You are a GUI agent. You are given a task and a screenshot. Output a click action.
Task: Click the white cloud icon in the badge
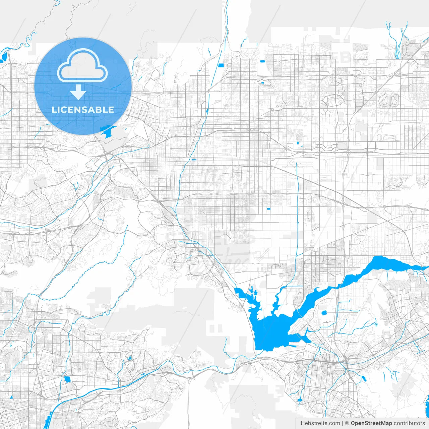pyautogui.click(x=82, y=65)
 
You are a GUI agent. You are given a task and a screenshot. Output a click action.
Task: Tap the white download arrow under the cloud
pyautogui.click(x=78, y=92)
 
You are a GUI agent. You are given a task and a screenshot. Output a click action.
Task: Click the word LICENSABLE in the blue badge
pyautogui.click(x=83, y=110)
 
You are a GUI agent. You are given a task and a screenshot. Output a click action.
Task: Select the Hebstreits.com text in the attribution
pyautogui.click(x=320, y=423)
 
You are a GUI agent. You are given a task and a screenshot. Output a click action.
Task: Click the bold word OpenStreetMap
pyautogui.click(x=371, y=423)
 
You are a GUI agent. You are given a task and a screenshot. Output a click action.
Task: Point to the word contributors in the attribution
pyautogui.click(x=409, y=423)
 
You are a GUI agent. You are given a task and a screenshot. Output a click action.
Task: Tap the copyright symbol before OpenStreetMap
pyautogui.click(x=347, y=423)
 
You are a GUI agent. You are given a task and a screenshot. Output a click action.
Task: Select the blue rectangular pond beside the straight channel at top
pyautogui.click(x=221, y=65)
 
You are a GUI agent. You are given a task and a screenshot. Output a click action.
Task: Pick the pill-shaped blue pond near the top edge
pyautogui.click(x=262, y=61)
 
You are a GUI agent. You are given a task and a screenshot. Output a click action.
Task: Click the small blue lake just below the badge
pyautogui.click(x=108, y=132)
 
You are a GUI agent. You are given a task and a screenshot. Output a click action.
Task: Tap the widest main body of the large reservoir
pyautogui.click(x=271, y=332)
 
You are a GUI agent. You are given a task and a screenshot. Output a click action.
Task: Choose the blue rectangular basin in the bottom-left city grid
pyautogui.click(x=67, y=380)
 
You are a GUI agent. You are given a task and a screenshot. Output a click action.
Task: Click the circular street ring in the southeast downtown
pyautogui.click(x=326, y=367)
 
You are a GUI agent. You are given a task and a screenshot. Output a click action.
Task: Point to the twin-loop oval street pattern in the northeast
pyautogui.click(x=389, y=99)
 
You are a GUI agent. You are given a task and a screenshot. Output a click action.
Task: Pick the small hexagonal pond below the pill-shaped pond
pyautogui.click(x=262, y=82)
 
